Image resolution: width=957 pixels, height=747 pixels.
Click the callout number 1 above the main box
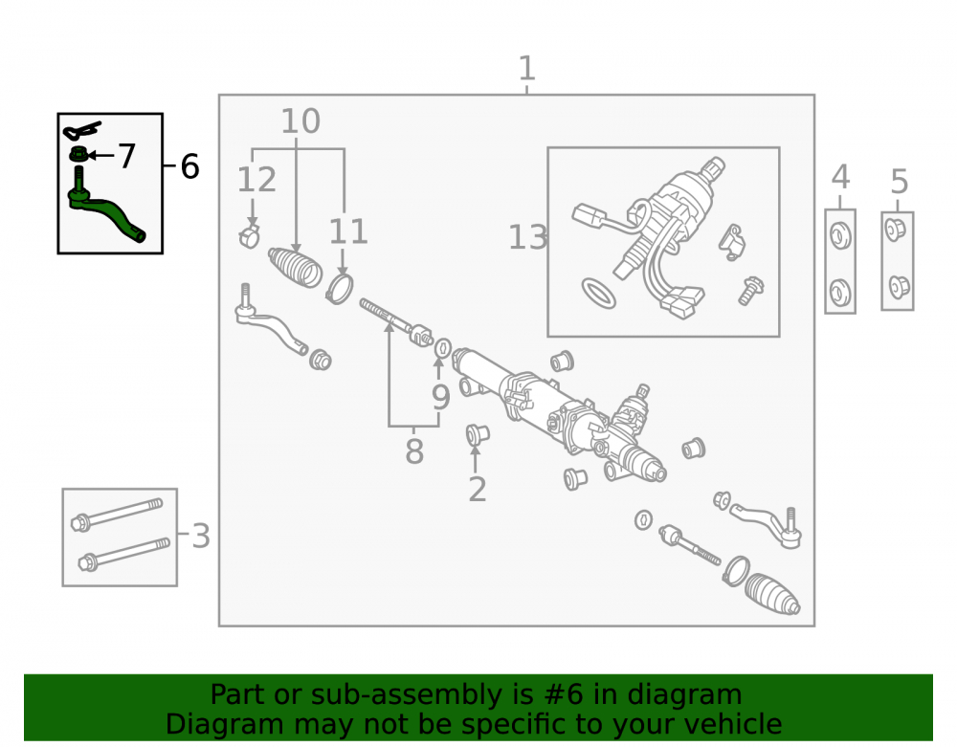coord(526,68)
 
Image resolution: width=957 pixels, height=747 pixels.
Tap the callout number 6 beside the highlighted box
coord(189,166)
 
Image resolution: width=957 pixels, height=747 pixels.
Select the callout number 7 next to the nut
coord(126,156)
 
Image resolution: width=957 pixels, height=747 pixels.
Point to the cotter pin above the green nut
coord(81,130)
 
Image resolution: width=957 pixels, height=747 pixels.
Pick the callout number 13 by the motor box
coord(528,237)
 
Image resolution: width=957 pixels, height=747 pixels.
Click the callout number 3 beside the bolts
coord(201,536)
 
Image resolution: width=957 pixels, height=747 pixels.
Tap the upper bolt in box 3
coord(117,514)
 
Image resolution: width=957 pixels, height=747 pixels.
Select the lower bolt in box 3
coord(123,554)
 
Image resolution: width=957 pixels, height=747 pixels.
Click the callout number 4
coord(840,178)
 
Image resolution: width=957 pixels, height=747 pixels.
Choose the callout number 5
coord(899,182)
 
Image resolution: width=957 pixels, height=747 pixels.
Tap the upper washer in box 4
coord(840,235)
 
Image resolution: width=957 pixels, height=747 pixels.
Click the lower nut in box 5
coord(898,285)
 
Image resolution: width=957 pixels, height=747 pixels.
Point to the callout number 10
coord(300,121)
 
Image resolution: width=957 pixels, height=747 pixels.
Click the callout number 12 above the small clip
coord(256,180)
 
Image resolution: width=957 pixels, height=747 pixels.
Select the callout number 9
coord(440,397)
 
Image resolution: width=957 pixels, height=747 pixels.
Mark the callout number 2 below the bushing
coord(478,489)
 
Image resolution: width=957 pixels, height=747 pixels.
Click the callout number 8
coord(414,451)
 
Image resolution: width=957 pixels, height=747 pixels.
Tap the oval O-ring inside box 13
coord(599,294)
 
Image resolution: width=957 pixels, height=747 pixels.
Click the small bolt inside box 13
coord(750,290)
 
